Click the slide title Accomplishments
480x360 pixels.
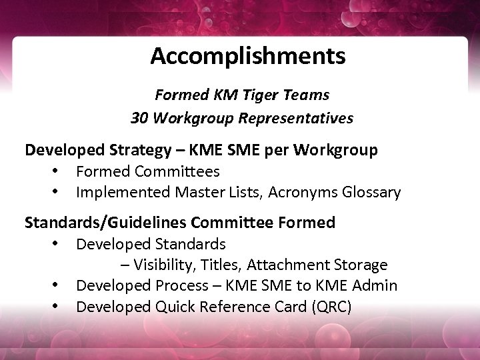[247, 56]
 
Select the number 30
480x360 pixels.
[140, 118]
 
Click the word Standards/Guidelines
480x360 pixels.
[105, 222]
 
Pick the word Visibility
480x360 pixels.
[161, 265]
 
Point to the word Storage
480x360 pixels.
[359, 265]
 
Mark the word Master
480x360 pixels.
[198, 193]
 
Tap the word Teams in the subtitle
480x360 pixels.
[310, 95]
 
